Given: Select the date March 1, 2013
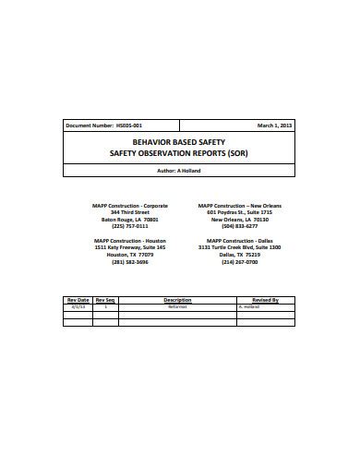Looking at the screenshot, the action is (x=274, y=125).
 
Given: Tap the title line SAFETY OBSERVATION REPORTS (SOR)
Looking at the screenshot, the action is (x=179, y=153).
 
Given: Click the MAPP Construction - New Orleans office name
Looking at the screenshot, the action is (x=239, y=206).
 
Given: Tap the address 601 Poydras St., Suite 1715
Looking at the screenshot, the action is (x=239, y=212).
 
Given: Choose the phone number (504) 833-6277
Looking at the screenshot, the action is (x=239, y=226).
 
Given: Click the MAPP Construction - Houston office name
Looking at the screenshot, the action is (x=130, y=241).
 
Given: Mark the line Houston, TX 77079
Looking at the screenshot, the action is (x=130, y=255).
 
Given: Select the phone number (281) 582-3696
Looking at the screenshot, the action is (x=130, y=262).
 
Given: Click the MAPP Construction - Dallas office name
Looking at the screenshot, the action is (x=239, y=241).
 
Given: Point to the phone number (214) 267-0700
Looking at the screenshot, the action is (x=239, y=262).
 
